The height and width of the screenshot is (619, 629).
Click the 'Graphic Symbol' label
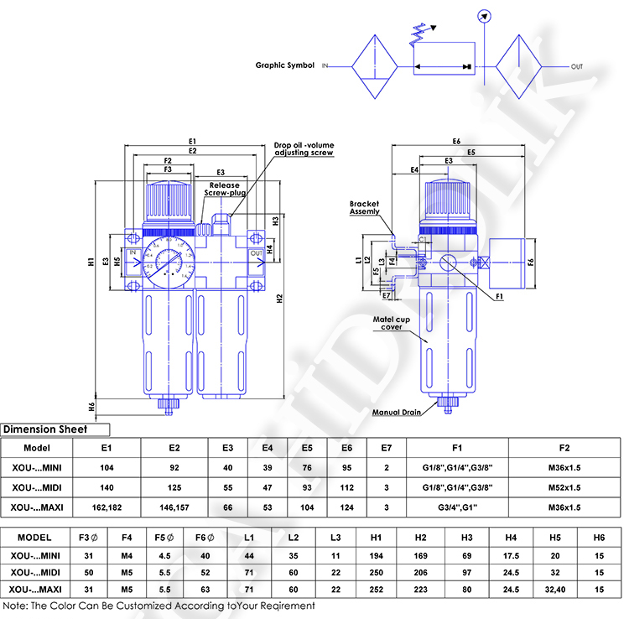[285, 65]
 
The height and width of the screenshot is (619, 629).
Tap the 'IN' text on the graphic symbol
[325, 65]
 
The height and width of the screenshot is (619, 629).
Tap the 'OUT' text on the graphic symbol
[577, 66]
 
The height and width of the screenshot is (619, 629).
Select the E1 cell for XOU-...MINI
[107, 467]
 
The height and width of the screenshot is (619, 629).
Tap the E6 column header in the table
[346, 447]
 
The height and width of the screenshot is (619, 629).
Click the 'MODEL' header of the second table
[34, 537]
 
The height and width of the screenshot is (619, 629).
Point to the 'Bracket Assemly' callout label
[365, 208]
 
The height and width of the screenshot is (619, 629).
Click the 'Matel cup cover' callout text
[392, 323]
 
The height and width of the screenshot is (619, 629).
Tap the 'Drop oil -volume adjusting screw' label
[304, 148]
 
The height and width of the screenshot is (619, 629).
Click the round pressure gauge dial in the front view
[166, 263]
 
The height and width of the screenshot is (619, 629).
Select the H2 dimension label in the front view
[279, 298]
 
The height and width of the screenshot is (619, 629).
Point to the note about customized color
[159, 605]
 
